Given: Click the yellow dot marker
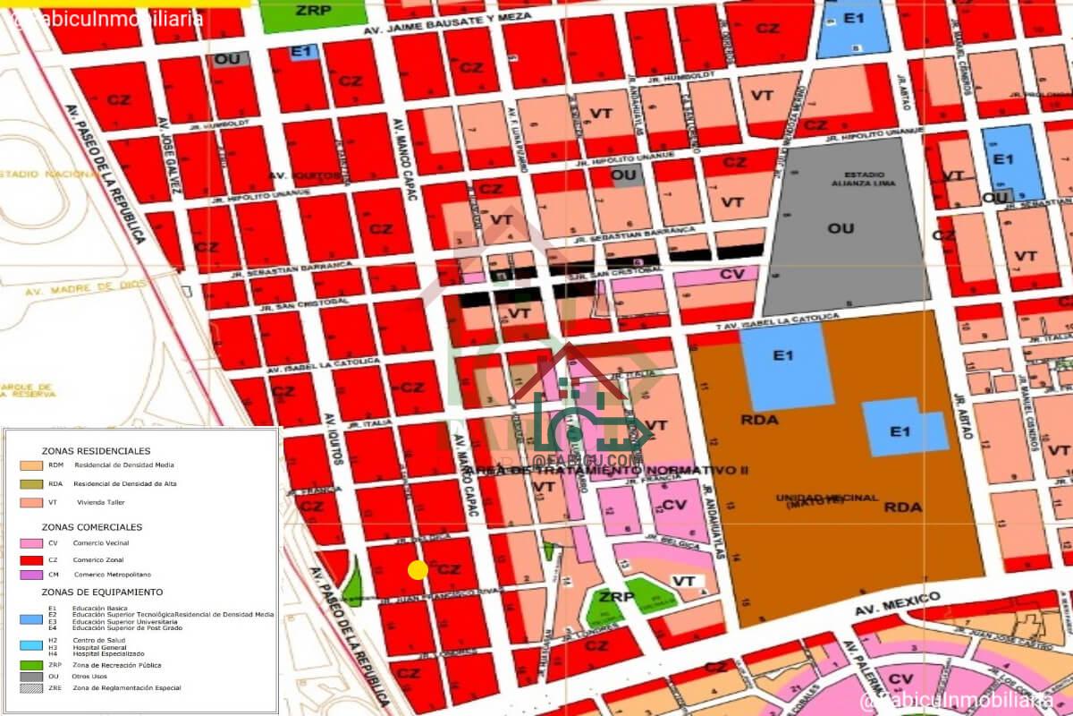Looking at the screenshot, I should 418,570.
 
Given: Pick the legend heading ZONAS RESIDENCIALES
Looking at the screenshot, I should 96,451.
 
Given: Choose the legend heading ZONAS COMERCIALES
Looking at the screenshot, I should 91,527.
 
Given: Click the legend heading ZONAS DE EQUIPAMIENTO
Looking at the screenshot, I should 102,592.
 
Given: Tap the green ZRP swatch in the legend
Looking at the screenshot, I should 31,665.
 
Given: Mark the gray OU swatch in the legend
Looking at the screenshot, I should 31,677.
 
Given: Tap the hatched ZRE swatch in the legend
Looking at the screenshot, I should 31,687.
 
